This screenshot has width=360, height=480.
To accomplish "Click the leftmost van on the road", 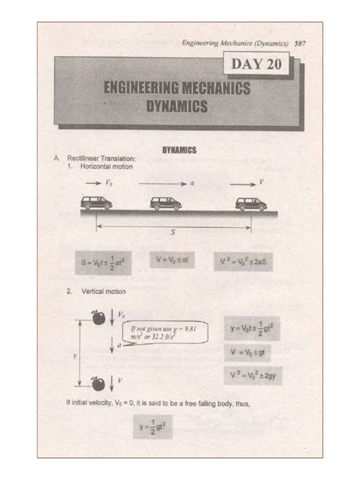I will coord(96,203).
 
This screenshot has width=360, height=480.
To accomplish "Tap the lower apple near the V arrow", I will coord(98,381).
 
